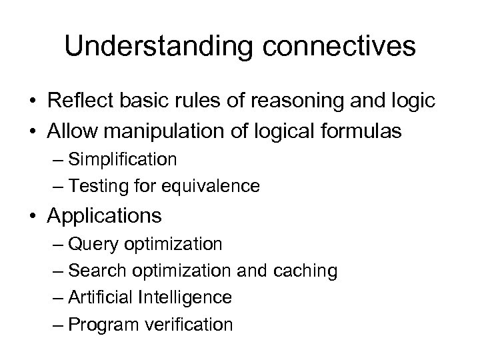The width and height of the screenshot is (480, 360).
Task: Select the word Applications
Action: [104, 216]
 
